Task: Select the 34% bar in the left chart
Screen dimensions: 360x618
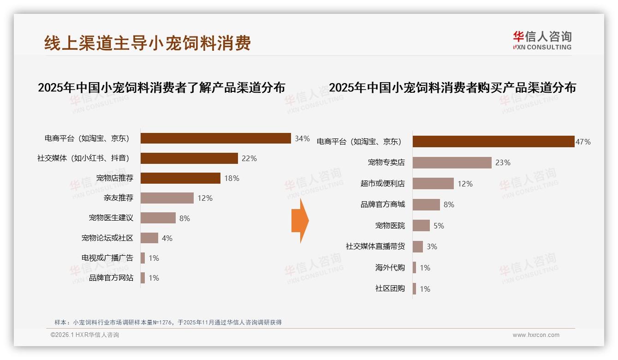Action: click(215, 138)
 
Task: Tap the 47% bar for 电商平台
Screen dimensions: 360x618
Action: click(493, 142)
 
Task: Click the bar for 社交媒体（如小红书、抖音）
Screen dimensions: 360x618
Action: click(189, 158)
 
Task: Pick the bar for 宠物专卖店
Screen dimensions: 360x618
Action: click(452, 162)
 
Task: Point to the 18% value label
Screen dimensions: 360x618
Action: click(232, 178)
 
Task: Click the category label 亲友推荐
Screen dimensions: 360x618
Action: click(119, 198)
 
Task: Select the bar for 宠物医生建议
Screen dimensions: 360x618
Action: click(158, 218)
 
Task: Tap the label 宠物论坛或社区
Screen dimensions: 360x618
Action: click(107, 238)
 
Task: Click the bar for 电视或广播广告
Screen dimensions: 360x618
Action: click(143, 258)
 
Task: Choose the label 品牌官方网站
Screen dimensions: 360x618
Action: click(111, 278)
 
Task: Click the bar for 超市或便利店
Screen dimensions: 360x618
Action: click(433, 184)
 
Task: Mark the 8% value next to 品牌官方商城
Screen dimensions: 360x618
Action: click(449, 204)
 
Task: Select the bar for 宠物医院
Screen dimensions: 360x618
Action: click(421, 226)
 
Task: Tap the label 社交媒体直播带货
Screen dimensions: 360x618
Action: click(375, 246)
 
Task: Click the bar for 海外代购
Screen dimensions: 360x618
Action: click(415, 268)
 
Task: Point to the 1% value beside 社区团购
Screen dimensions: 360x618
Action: click(425, 289)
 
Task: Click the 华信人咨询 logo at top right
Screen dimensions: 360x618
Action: click(542, 40)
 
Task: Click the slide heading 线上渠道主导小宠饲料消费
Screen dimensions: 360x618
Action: click(148, 43)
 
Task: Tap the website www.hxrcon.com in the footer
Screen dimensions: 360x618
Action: click(535, 335)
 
